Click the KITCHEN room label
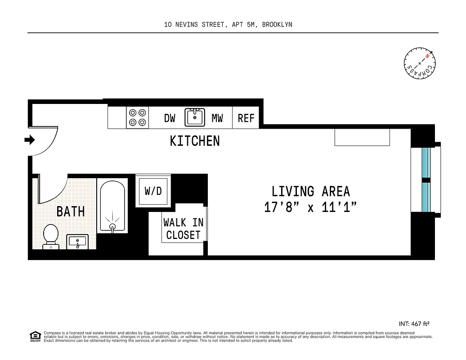[195, 141]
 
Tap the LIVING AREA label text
[311, 191]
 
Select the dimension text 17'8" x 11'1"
[311, 207]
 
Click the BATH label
[71, 211]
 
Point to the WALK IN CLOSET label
[183, 229]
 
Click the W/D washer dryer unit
[153, 191]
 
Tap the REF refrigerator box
[246, 118]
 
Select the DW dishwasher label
[170, 118]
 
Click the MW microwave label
[217, 118]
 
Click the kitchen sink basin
[195, 117]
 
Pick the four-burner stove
[138, 117]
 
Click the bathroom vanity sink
[78, 242]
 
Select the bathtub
[113, 207]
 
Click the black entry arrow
[30, 140]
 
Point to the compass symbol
[420, 63]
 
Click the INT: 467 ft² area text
[417, 324]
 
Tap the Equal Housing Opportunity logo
[35, 336]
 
